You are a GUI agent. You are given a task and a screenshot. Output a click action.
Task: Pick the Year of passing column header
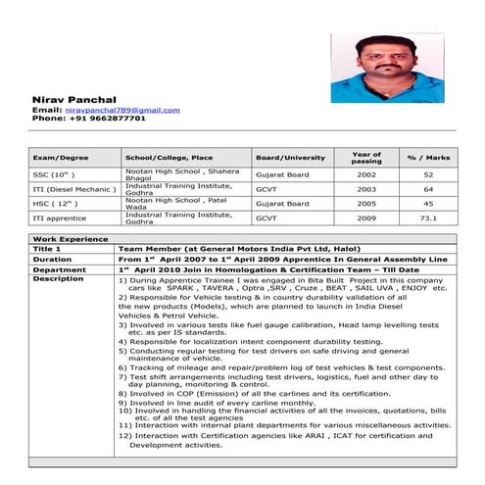coord(366,157)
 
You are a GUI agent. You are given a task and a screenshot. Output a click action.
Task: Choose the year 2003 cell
coord(366,188)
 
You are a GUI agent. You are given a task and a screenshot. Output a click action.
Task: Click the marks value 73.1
coord(428,218)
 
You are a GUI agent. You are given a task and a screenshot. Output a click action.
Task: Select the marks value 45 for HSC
coord(428,203)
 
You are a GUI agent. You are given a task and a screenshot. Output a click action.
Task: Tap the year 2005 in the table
coord(366,203)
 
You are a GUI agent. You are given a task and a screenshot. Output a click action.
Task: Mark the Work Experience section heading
coord(70,239)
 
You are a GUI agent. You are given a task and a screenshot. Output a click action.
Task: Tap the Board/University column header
coord(290,157)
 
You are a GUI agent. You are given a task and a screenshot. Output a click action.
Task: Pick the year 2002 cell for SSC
coord(366,173)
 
